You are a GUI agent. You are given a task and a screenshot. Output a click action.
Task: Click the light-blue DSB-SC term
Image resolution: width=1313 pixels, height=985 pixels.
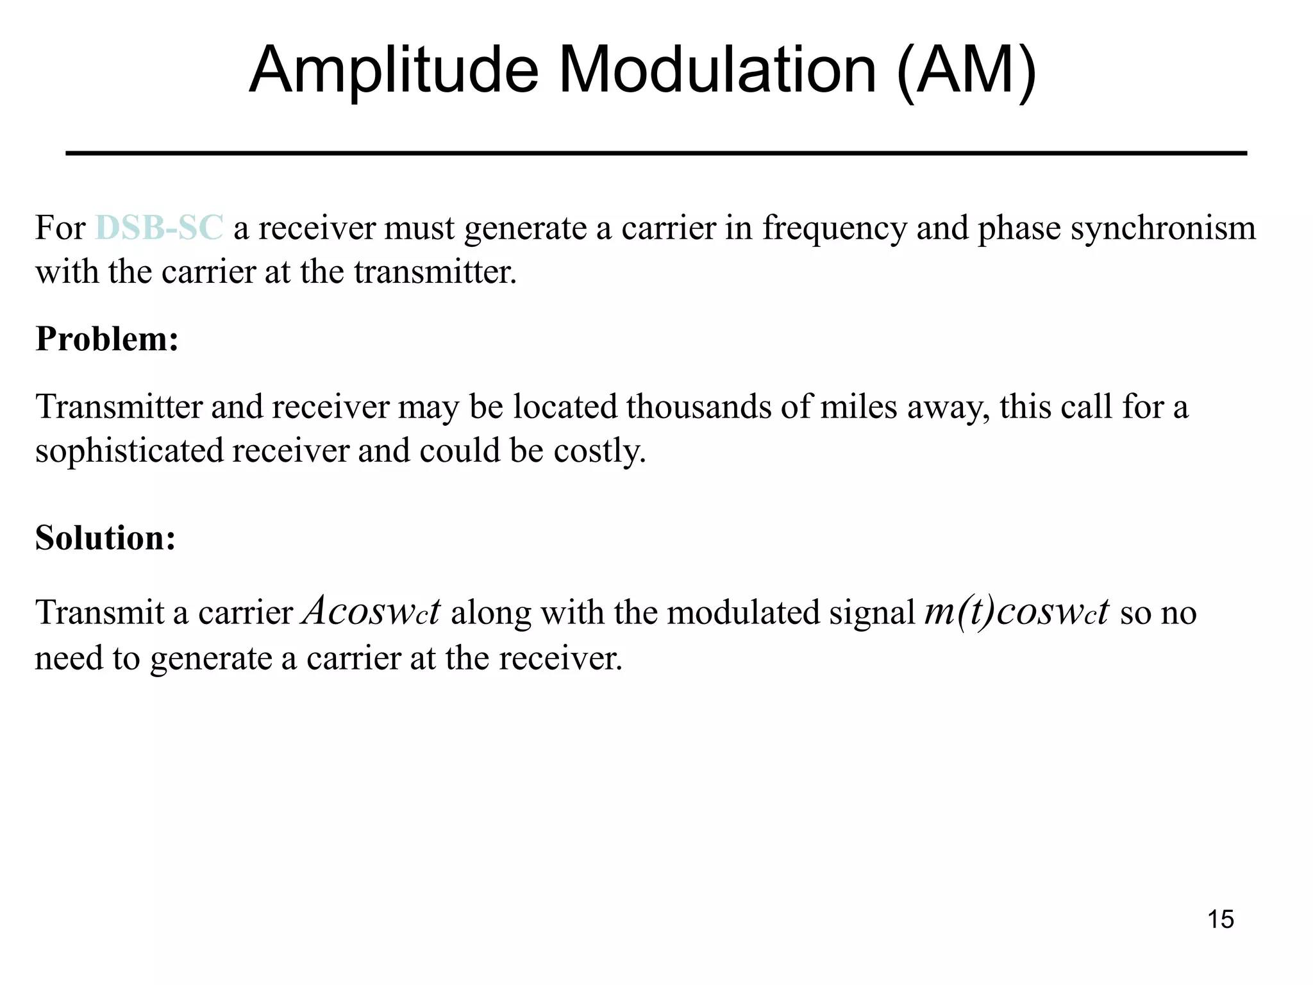[159, 228]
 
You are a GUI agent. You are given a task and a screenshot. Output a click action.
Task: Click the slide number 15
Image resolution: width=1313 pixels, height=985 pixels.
[1220, 920]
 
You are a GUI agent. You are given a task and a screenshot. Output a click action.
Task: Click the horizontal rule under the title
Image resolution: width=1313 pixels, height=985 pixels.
[656, 153]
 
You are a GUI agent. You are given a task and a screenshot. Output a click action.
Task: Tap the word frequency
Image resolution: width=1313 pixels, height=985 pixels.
[834, 229]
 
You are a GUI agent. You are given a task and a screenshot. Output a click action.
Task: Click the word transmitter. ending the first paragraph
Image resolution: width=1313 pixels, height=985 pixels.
[435, 273]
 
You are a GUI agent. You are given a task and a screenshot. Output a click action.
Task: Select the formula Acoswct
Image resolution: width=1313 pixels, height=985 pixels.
[371, 611]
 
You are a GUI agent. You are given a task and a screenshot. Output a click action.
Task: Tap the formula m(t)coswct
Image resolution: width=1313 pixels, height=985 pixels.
[1016, 611]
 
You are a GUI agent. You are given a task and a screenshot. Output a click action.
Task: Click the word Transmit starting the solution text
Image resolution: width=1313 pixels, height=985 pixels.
[99, 612]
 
